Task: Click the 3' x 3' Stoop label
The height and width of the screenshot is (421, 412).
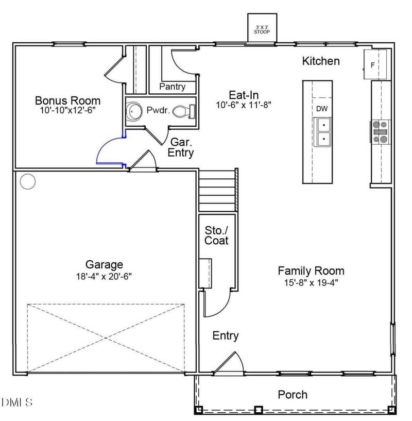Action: coord(262,29)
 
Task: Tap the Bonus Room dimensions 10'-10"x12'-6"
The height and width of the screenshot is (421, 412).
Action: coord(67,110)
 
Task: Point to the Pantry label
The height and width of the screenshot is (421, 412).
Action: coord(172,86)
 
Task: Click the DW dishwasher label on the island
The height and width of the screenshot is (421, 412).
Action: coord(321,108)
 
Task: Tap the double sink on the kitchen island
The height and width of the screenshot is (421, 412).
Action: coord(323,131)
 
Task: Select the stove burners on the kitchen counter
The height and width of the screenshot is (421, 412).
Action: coord(380,131)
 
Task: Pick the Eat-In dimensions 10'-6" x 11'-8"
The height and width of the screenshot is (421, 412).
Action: coord(244,105)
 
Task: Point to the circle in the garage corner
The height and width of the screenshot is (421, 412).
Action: coord(27,181)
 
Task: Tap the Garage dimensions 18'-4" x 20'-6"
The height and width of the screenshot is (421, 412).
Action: coord(104,276)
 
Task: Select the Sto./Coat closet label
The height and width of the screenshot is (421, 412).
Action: coord(216,235)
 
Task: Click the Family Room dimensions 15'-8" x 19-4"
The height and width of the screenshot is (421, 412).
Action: coord(311,282)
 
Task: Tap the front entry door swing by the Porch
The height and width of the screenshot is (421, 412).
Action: coord(230,362)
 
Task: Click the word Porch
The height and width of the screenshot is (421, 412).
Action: coord(293,395)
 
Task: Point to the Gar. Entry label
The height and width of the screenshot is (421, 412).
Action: coord(182,147)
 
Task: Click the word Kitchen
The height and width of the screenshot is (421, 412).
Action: coord(320,61)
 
